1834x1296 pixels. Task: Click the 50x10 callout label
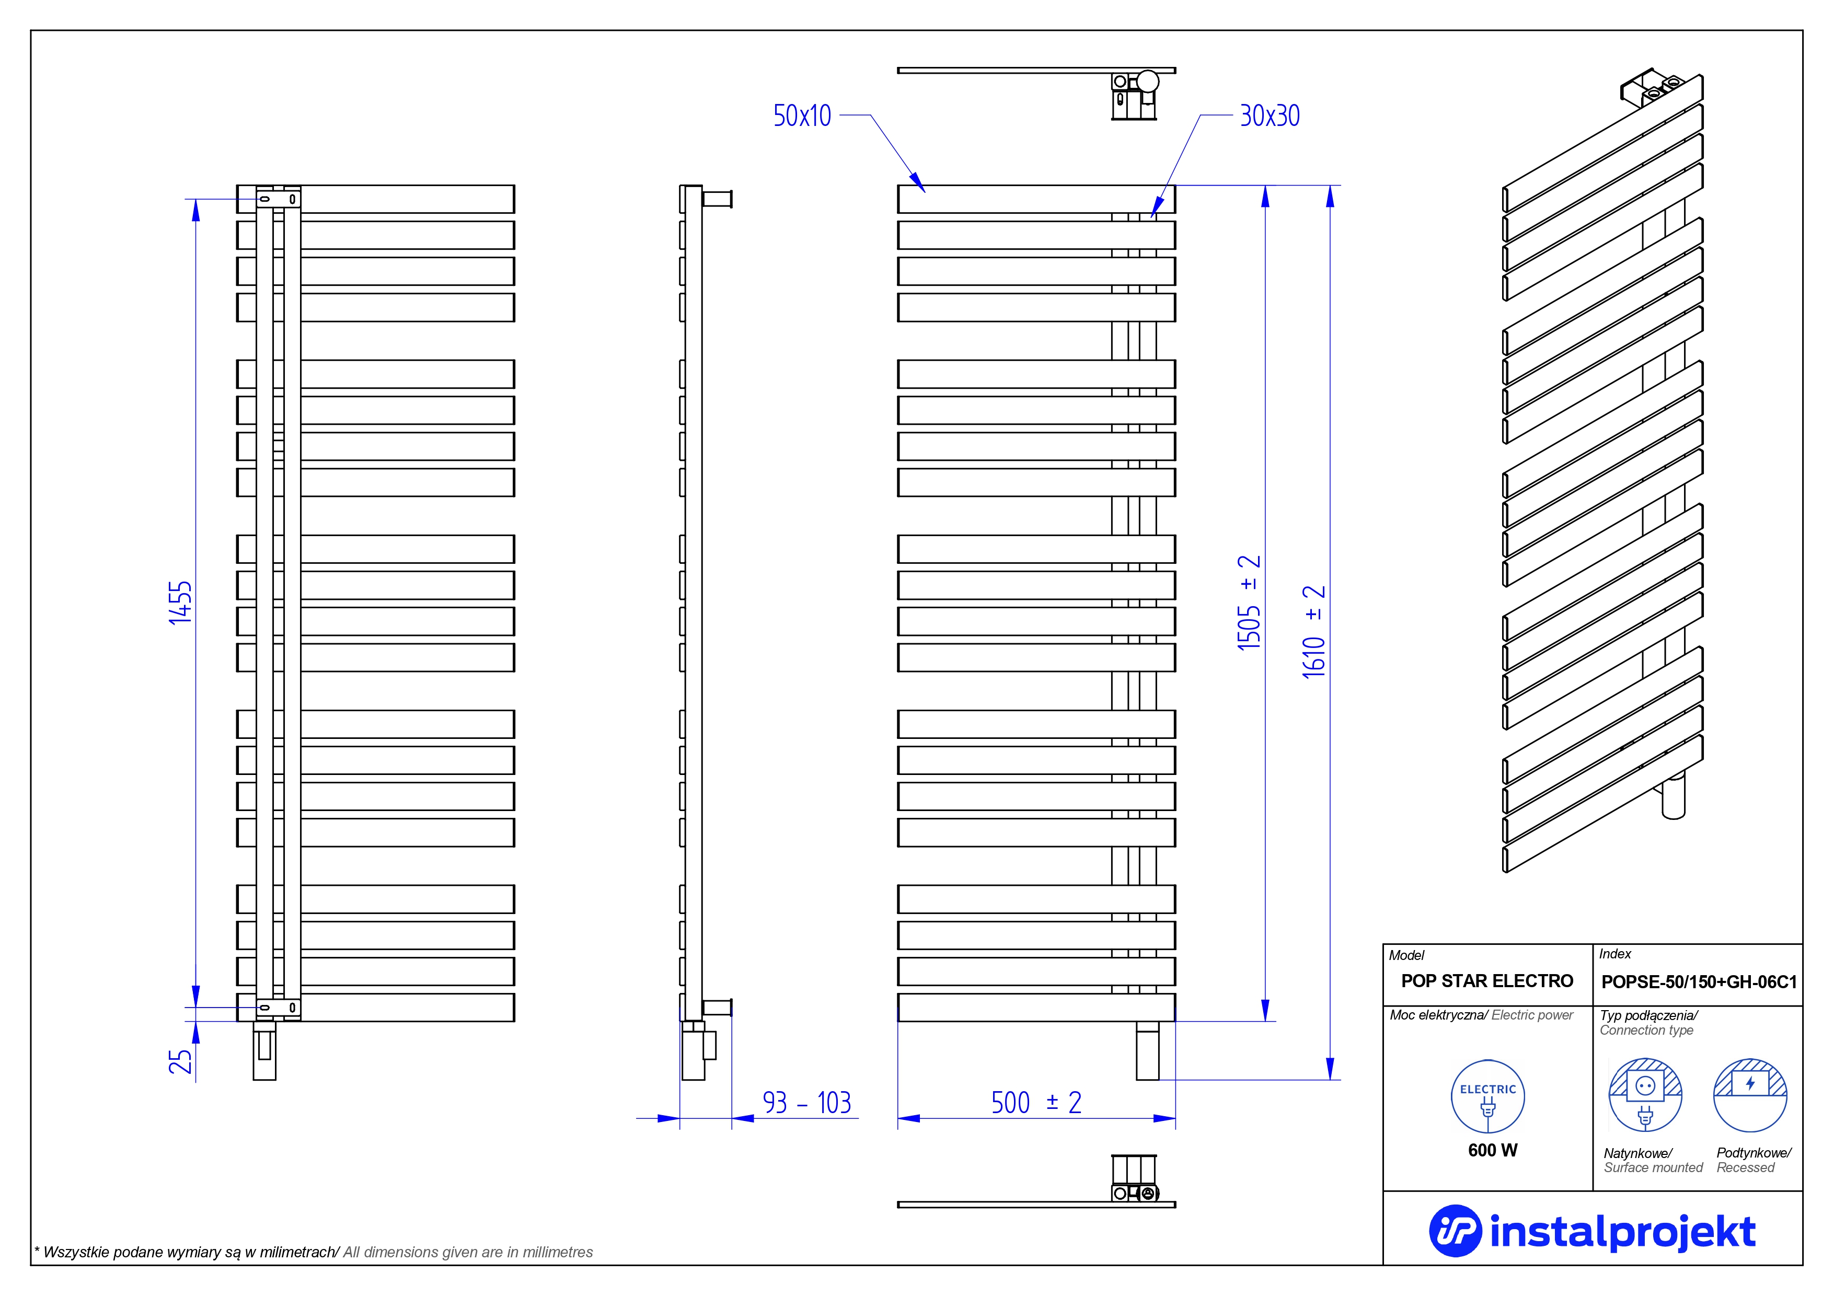[801, 116]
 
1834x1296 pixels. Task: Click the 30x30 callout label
[1269, 116]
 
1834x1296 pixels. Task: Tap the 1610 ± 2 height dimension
[1314, 631]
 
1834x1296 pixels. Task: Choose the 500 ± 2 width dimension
[1036, 1103]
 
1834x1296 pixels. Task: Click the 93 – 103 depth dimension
[807, 1103]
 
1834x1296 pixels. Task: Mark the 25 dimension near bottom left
[180, 1061]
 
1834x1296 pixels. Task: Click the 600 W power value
[1492, 1150]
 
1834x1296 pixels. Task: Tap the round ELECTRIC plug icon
[1487, 1096]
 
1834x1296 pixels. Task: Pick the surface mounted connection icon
[1645, 1095]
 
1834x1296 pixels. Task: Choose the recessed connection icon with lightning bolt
[1750, 1095]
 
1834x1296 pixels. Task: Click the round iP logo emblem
[1455, 1231]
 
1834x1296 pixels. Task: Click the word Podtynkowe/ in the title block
[1754, 1152]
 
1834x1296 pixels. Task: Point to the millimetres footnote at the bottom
[313, 1252]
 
